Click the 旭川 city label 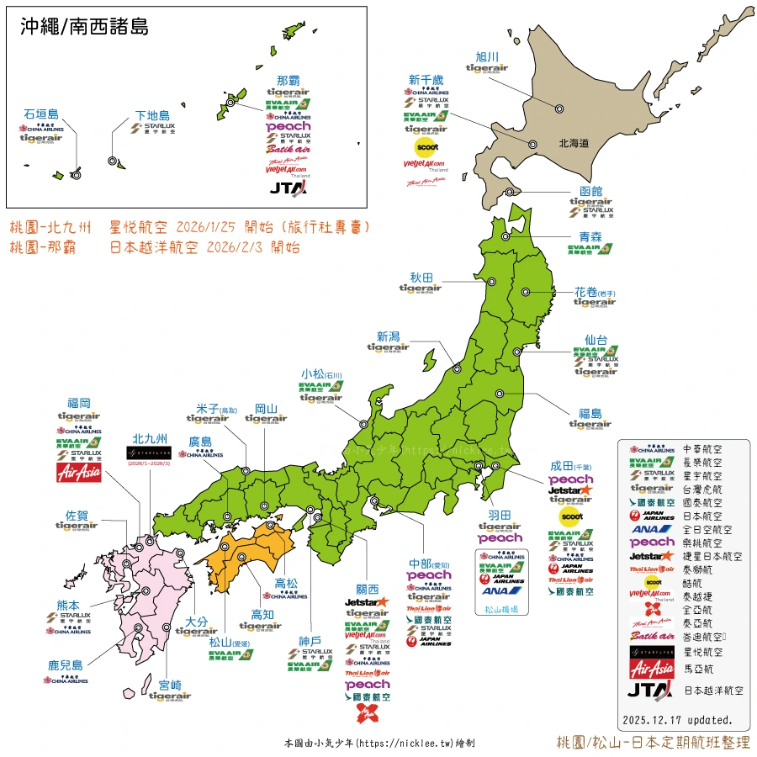coord(488,56)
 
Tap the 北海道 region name coord(574,144)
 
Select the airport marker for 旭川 coord(558,108)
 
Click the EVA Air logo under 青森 coord(590,249)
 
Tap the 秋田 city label coord(421,276)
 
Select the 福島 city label coord(590,413)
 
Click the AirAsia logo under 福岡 coord(78,474)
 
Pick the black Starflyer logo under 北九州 coord(149,453)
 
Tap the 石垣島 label coord(41,114)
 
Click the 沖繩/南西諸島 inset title coord(84,27)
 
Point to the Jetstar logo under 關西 coord(368,601)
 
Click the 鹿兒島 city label coord(66,665)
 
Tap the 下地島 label coord(153,115)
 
